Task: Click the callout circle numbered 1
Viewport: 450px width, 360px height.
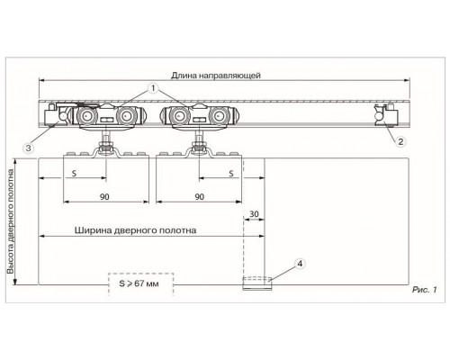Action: click(x=153, y=88)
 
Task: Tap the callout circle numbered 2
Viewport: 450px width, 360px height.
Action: click(x=400, y=141)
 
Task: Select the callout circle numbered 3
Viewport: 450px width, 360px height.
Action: click(x=29, y=148)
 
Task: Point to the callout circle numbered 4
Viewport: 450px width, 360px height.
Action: click(x=300, y=264)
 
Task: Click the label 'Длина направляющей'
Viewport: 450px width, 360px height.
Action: click(x=216, y=76)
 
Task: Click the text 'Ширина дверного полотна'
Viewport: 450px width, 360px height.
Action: click(x=135, y=230)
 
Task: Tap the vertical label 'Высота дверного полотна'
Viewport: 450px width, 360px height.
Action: click(x=11, y=221)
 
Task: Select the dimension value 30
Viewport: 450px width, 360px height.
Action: click(x=254, y=214)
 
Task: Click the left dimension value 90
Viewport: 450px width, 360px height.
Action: click(x=104, y=197)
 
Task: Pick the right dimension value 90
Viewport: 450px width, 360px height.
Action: click(x=200, y=197)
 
